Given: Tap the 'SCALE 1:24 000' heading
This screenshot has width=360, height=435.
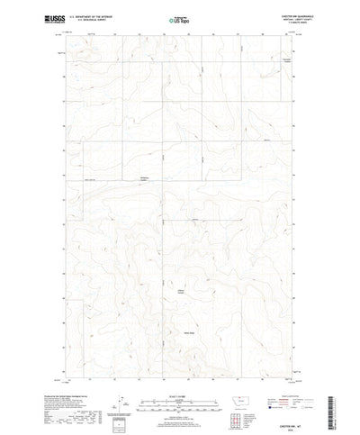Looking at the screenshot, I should [179, 389].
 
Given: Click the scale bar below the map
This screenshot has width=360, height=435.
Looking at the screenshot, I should [179, 396].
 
